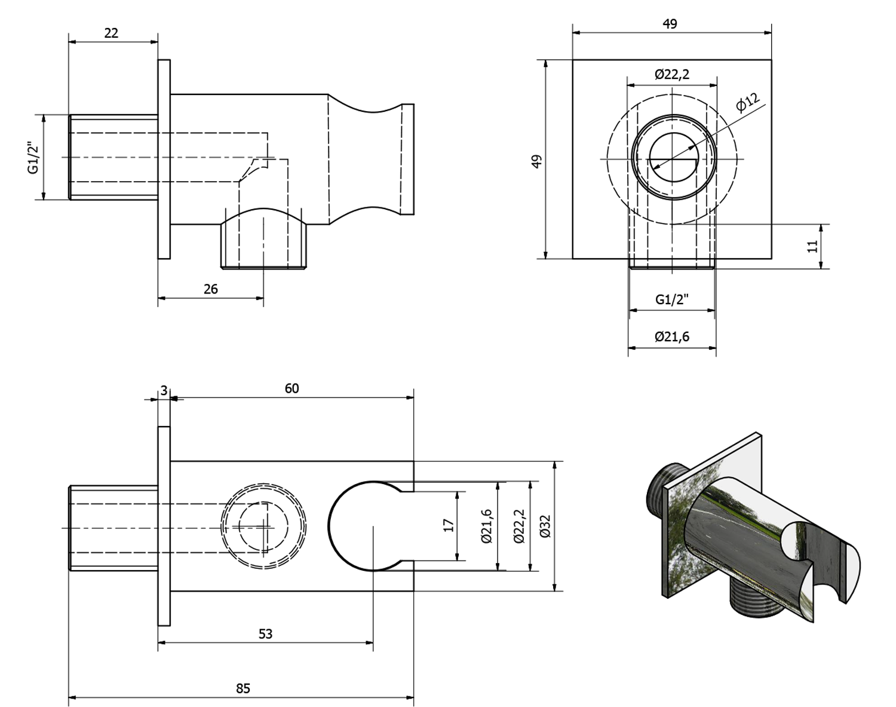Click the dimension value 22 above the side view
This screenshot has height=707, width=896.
pyautogui.click(x=111, y=33)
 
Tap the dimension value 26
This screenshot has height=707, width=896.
pyautogui.click(x=210, y=289)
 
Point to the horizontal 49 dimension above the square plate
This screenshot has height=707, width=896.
pyautogui.click(x=670, y=24)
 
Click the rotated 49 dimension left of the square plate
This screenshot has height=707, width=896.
pyautogui.click(x=536, y=161)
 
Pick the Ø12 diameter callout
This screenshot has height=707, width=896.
pyautogui.click(x=747, y=102)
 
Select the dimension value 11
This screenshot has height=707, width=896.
pyautogui.click(x=812, y=246)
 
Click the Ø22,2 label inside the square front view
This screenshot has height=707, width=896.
pyautogui.click(x=671, y=74)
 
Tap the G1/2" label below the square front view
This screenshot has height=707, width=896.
pyautogui.click(x=671, y=299)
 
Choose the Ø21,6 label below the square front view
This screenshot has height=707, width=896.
pyautogui.click(x=671, y=336)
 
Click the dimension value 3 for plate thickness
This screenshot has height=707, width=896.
pyautogui.click(x=164, y=390)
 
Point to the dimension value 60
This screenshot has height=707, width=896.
pyautogui.click(x=291, y=388)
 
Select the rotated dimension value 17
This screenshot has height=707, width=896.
pyautogui.click(x=449, y=525)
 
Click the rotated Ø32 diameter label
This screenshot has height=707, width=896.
pyautogui.click(x=544, y=525)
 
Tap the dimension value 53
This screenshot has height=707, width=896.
pyautogui.click(x=265, y=633)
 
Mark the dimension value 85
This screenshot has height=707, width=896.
pyautogui.click(x=243, y=688)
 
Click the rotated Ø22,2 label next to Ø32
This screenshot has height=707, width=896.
pyautogui.click(x=518, y=525)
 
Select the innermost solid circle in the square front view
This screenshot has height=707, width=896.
pyautogui.click(x=673, y=158)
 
